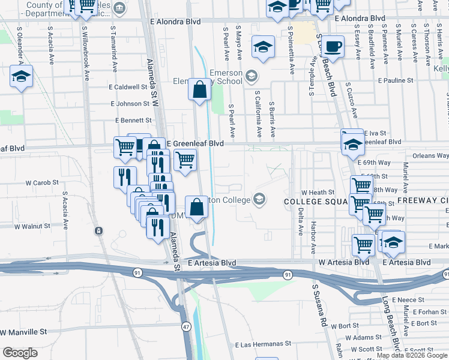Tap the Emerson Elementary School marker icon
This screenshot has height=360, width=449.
point(251,76)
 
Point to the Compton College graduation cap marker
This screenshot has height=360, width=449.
point(259,199)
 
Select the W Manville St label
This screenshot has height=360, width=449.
point(24,332)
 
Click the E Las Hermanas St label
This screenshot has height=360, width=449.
point(262,345)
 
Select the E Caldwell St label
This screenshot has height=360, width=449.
point(128,86)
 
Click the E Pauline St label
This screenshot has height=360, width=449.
point(397,80)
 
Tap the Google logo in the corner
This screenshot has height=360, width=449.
point(20,353)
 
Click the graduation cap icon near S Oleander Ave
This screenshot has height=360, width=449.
point(20,76)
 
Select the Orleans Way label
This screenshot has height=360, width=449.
point(430,155)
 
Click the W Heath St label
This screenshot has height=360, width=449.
point(318,192)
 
